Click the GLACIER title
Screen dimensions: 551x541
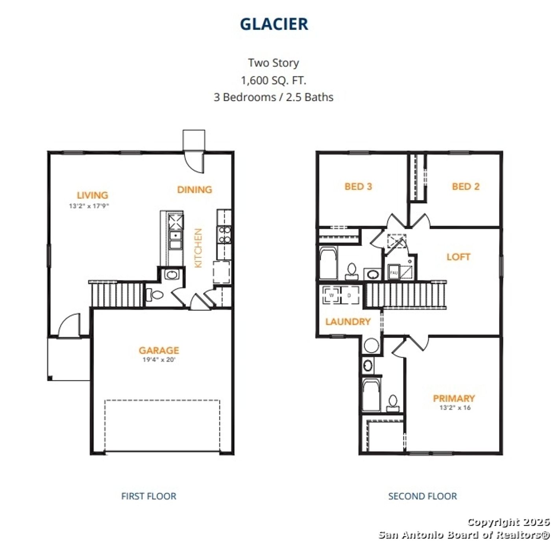tap(274, 24)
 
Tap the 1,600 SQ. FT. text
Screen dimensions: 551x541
tap(274, 80)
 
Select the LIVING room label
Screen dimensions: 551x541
tap(92, 195)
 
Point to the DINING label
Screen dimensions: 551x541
tap(194, 190)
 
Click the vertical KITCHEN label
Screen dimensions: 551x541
tap(198, 248)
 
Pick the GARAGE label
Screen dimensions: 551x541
tap(159, 350)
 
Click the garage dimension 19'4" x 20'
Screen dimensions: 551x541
tap(159, 360)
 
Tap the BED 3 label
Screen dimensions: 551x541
tap(358, 187)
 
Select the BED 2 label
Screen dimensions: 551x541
tap(466, 187)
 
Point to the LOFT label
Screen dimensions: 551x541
tap(459, 257)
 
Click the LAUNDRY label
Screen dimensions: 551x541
tap(348, 322)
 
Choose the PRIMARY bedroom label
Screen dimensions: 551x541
tap(454, 398)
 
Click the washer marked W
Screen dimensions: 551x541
tap(331, 295)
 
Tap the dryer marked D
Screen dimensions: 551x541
tap(349, 295)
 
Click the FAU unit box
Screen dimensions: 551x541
tap(394, 272)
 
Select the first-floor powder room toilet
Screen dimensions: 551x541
tap(155, 295)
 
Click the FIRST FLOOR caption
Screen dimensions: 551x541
tap(149, 497)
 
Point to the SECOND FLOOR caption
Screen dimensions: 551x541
tap(422, 497)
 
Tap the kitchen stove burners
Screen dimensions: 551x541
tap(224, 235)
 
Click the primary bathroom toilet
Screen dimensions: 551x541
tap(393, 404)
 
